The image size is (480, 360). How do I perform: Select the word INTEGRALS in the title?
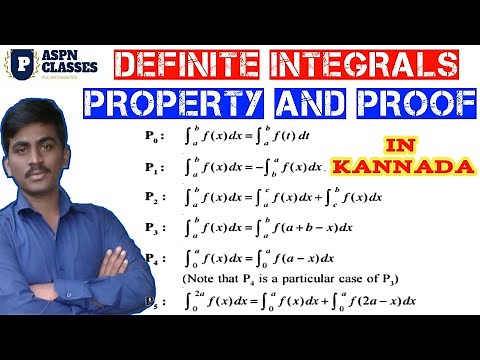370,66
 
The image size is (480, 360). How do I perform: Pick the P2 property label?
151,197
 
